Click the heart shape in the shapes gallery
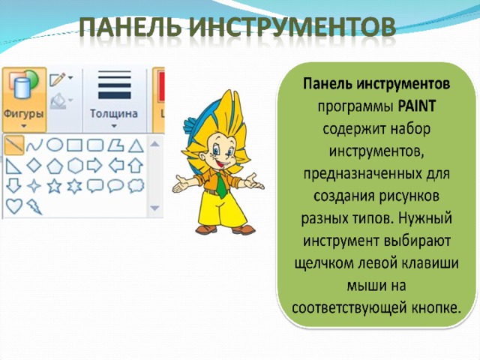point(14,206)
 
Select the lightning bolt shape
point(34,206)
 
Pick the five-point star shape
point(55,186)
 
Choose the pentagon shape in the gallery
point(55,166)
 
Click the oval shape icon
point(55,145)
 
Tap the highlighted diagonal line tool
point(14,145)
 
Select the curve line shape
point(34,145)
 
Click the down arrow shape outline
point(13,186)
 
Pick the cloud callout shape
point(136,186)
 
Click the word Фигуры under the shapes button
point(23,113)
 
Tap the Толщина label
point(114,113)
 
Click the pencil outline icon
point(58,79)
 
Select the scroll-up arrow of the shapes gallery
point(155,144)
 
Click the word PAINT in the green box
point(417,106)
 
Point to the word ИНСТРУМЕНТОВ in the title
point(292,27)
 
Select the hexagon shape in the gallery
point(75,166)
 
